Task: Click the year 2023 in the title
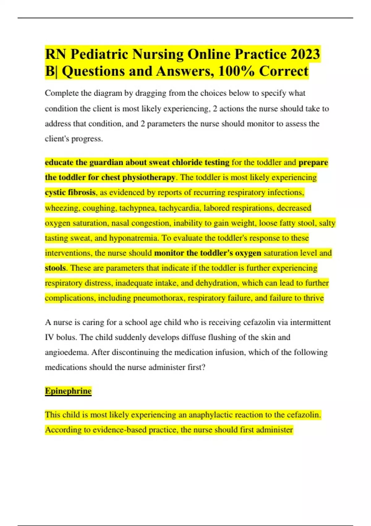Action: [305, 54]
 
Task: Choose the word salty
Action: [327, 223]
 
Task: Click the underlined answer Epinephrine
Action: [68, 391]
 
